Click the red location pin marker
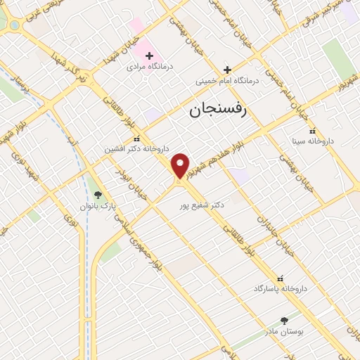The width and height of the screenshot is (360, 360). tap(181, 165)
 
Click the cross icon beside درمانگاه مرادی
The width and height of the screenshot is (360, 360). tap(149, 55)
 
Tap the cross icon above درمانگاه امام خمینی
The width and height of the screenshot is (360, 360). tap(227, 70)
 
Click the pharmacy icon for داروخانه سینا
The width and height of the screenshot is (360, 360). tap(313, 131)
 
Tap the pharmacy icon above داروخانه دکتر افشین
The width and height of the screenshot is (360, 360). tap(137, 139)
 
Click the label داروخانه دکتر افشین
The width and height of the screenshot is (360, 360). tap(137, 149)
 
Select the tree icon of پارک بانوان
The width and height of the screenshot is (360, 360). tap(97, 195)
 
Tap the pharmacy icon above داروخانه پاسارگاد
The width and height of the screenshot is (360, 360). tap(281, 278)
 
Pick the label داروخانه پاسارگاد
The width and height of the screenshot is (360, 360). tap(281, 289)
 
